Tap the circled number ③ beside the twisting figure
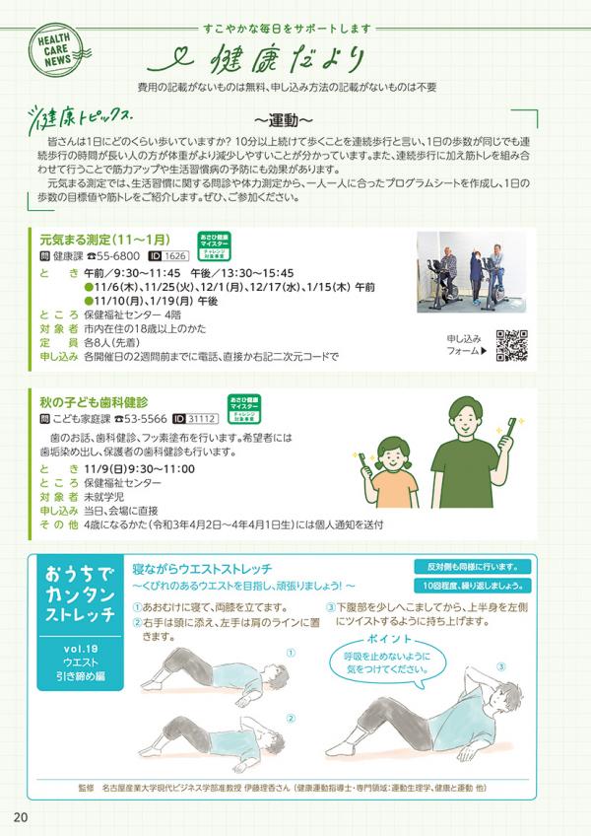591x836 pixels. click(499, 666)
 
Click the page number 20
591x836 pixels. click(21, 817)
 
